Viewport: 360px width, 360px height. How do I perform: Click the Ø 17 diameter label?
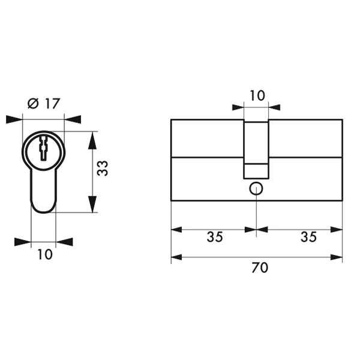point(44,104)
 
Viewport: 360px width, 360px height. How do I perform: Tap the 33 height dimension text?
point(102,168)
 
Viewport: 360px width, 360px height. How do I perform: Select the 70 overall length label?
point(260,268)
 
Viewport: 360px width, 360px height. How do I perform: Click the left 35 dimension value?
point(215,237)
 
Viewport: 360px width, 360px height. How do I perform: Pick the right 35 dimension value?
point(308,237)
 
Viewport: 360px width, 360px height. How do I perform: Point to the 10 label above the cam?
point(257,95)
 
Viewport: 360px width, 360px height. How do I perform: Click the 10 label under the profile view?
point(45,254)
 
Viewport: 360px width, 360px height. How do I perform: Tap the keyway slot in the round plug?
point(44,148)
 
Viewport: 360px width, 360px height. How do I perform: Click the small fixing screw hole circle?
point(256,189)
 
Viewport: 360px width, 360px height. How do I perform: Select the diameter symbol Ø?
point(32,104)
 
